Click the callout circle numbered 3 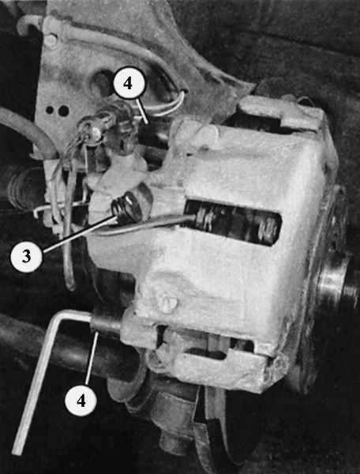pyautogui.click(x=26, y=256)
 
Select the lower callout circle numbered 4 pyautogui.click(x=81, y=401)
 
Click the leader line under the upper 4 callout pyautogui.click(x=141, y=111)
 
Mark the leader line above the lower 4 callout pyautogui.click(x=91, y=358)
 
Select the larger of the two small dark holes pyautogui.click(x=63, y=111)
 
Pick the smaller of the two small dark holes pyautogui.click(x=50, y=110)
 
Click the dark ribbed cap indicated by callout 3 pyautogui.click(x=127, y=208)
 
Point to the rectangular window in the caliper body pyautogui.click(x=233, y=223)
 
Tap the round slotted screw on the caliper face pyautogui.click(x=167, y=303)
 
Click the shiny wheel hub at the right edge pyautogui.click(x=336, y=284)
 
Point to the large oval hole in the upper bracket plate pyautogui.click(x=102, y=81)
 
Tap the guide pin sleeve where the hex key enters pyautogui.click(x=106, y=324)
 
